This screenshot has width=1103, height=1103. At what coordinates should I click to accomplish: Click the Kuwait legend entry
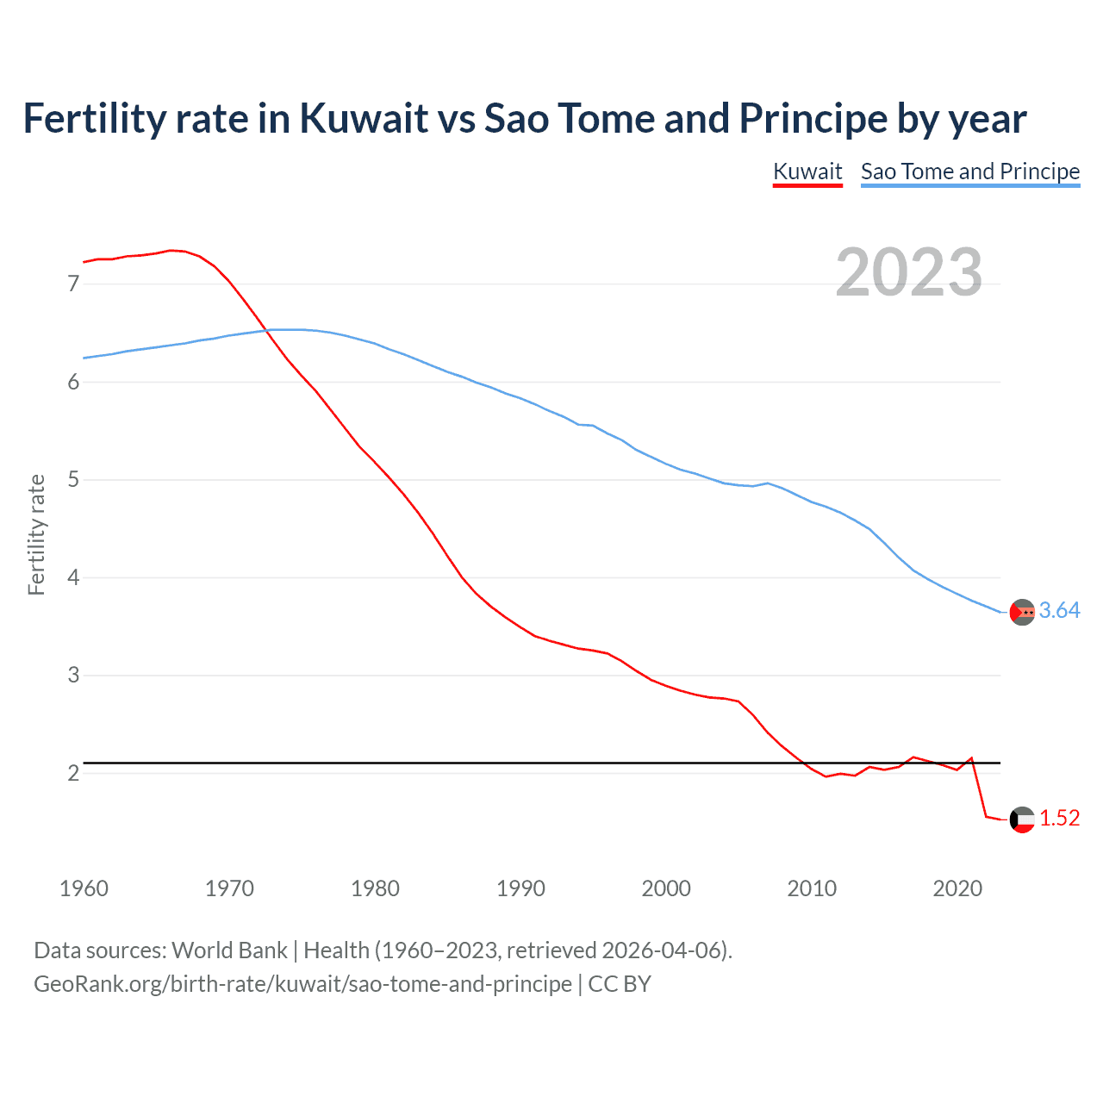[x=807, y=171]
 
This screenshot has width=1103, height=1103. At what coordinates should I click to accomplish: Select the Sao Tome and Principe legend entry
[x=970, y=171]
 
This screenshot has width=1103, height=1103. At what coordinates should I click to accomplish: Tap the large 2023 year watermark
[x=909, y=272]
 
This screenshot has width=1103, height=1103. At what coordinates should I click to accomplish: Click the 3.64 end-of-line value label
[x=1059, y=611]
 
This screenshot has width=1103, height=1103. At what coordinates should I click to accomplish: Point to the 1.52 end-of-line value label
[x=1059, y=819]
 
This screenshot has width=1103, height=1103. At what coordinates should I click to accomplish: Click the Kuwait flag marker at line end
[x=1022, y=819]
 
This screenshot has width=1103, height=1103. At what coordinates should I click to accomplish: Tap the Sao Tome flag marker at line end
[x=1022, y=612]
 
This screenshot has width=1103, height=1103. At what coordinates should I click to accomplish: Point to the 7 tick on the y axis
[x=73, y=284]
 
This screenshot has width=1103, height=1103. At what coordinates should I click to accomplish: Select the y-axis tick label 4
[x=73, y=577]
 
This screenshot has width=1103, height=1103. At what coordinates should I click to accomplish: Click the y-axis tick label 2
[x=73, y=773]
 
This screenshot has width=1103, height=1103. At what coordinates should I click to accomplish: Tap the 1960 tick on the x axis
[x=84, y=888]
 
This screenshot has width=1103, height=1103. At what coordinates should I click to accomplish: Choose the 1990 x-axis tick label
[x=520, y=888]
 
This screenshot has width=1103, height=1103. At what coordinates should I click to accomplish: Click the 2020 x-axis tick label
[x=957, y=888]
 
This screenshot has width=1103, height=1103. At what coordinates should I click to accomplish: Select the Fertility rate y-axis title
[x=36, y=534]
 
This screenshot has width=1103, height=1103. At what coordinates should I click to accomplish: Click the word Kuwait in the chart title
[x=364, y=119]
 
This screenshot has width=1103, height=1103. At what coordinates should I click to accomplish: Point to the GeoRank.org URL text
[x=302, y=984]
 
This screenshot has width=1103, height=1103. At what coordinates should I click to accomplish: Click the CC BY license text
[x=620, y=984]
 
